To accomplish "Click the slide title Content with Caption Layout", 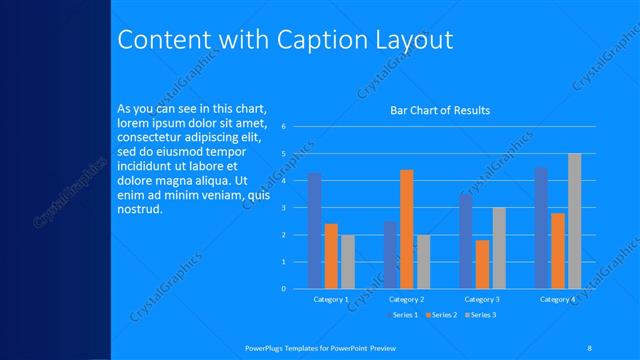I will point(285,40).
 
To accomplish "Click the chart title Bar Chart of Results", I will point(440,110).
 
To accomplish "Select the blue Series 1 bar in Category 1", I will point(315,230).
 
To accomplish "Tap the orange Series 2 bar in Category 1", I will point(331,256).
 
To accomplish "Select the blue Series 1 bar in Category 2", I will point(390,255).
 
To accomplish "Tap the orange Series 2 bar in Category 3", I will point(482,264).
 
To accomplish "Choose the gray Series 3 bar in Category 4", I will point(574,221).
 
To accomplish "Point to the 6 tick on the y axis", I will point(284,127).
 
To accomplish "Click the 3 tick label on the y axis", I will point(284,208).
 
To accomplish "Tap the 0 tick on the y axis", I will point(284,289).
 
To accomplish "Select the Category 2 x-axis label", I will point(406,299).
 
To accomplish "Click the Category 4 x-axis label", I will point(557,299).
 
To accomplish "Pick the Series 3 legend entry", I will point(481,315).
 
